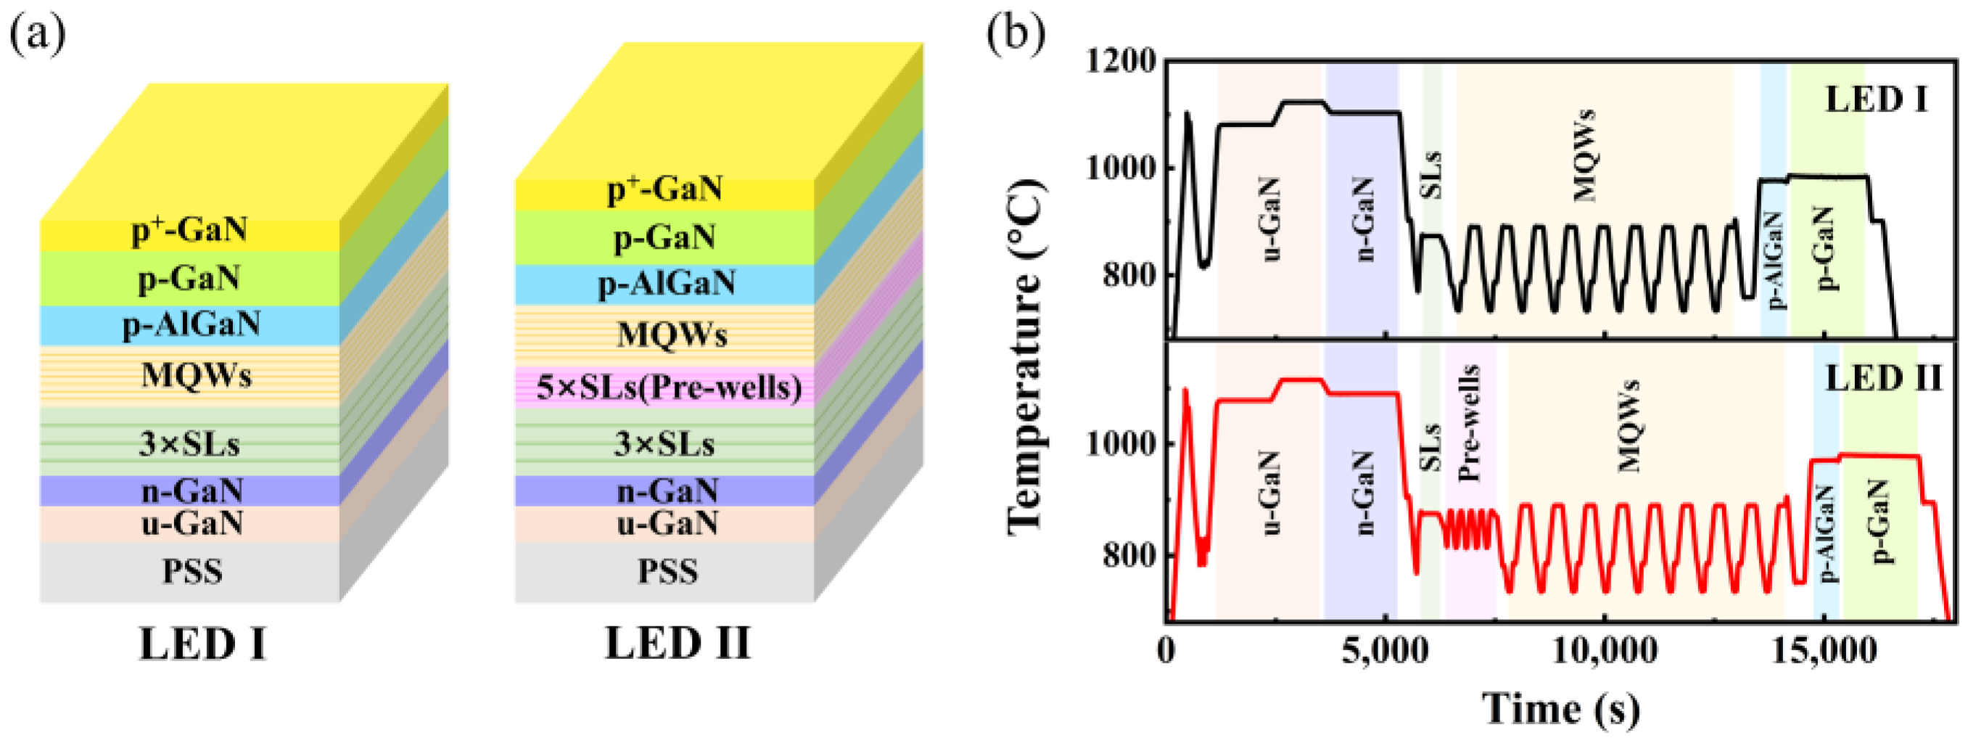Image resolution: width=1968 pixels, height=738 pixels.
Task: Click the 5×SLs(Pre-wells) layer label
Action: tap(669, 388)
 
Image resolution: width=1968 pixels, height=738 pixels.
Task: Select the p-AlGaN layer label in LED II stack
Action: tap(666, 284)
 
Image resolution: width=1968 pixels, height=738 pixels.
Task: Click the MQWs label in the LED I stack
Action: tap(197, 375)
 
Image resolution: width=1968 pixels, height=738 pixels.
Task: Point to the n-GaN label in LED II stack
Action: tap(667, 491)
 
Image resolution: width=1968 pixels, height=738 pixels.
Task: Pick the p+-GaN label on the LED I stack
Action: tap(189, 230)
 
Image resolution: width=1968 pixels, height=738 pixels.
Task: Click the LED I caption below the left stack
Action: tap(202, 644)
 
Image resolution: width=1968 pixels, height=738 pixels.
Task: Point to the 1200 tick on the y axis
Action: tap(1121, 60)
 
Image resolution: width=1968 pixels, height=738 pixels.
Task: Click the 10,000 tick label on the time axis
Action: tap(1605, 651)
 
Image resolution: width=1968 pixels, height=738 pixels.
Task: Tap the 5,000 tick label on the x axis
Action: tap(1385, 651)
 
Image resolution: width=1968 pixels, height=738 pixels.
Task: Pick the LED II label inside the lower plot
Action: tap(1882, 379)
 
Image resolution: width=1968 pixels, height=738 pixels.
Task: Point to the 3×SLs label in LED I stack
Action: tap(189, 444)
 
